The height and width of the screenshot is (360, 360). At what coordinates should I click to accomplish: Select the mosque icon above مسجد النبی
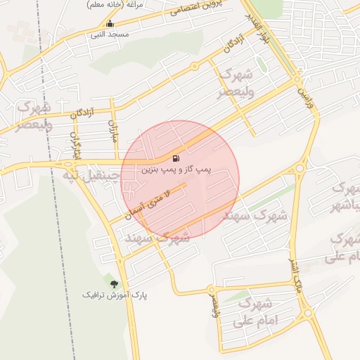tap(109, 24)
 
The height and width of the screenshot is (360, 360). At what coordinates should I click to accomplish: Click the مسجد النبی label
tap(109, 34)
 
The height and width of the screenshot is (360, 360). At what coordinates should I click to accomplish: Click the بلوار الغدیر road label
tap(254, 27)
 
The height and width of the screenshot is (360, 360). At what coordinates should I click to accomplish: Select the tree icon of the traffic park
tap(107, 283)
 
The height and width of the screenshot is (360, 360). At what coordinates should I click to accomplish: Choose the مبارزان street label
tap(112, 130)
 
